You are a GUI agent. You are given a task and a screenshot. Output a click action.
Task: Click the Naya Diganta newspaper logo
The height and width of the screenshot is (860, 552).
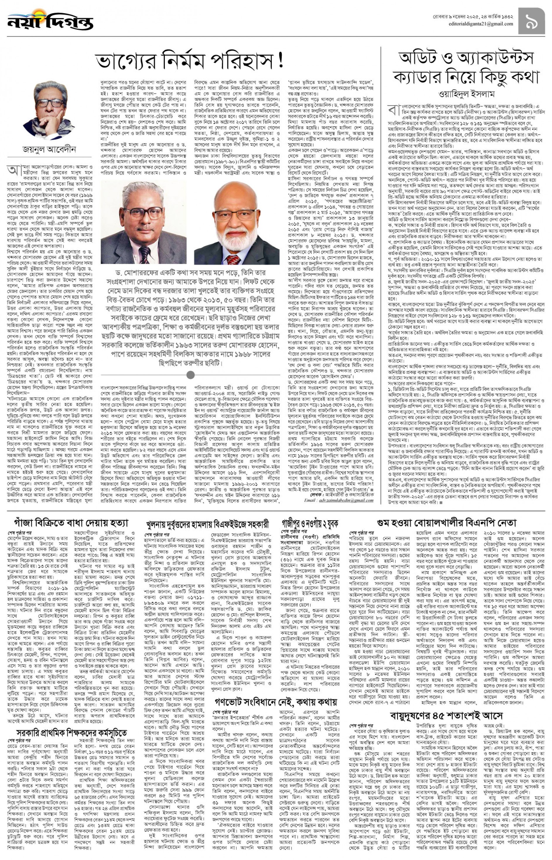pos(50,21)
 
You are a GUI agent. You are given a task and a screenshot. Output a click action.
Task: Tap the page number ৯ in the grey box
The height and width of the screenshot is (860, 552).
pos(532,21)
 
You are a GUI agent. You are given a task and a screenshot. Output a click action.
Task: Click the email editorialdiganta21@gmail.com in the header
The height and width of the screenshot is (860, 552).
pos(480,24)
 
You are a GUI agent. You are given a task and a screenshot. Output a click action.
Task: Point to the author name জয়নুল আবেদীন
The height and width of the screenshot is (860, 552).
pos(49,149)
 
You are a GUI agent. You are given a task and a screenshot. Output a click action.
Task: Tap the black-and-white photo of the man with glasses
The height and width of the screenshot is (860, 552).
pos(143,222)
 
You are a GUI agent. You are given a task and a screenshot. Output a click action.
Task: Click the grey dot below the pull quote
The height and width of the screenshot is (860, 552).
pos(191,375)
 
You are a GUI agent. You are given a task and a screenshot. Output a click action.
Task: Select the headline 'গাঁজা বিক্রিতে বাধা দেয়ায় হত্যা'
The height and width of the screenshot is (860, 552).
pos(71,522)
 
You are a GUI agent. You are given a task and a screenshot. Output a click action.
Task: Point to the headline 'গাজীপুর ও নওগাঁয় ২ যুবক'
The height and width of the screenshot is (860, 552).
pos(310,524)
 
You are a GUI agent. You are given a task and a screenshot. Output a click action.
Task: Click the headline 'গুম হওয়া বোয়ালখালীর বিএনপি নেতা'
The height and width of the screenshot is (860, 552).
pos(446,522)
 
